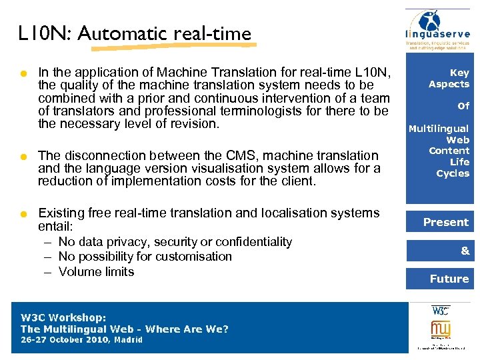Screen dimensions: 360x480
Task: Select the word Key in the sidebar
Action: click(x=459, y=73)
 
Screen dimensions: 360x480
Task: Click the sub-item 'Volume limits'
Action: click(x=96, y=271)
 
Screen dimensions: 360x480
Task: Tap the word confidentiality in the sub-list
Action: click(x=249, y=241)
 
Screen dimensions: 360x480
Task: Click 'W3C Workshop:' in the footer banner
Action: click(x=64, y=317)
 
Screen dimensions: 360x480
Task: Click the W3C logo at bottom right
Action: click(x=440, y=311)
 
